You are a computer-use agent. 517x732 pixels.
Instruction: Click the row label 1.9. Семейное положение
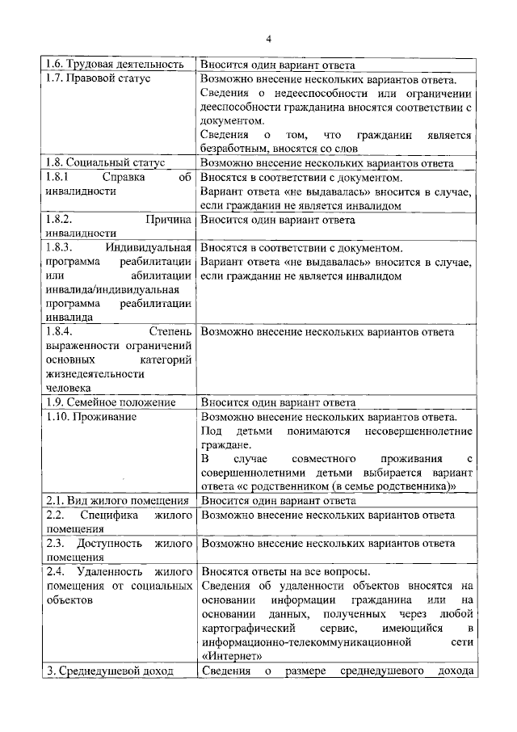point(111,402)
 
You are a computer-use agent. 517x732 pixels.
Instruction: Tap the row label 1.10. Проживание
point(90,417)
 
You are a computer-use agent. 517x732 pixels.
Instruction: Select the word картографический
point(247,628)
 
